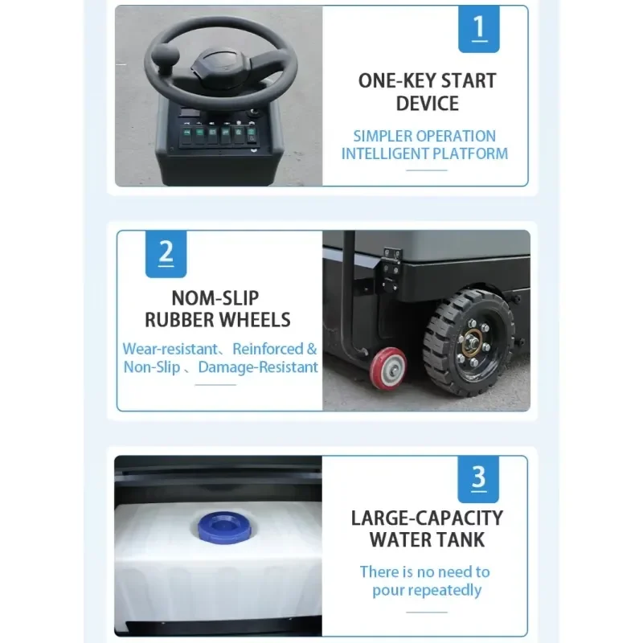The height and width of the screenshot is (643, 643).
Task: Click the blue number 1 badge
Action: click(x=478, y=29)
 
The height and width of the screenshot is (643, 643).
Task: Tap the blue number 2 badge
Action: click(x=166, y=254)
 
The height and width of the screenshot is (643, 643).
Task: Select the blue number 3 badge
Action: click(x=478, y=479)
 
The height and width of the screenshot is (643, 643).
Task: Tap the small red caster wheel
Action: click(x=388, y=367)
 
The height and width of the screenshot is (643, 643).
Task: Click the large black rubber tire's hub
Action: click(x=473, y=342)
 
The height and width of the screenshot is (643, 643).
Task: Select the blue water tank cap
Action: click(x=225, y=526)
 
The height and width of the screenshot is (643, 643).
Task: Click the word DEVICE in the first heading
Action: click(x=428, y=104)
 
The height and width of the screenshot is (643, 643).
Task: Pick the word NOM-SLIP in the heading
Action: click(x=215, y=298)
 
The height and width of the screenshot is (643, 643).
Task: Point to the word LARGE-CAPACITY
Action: click(x=427, y=518)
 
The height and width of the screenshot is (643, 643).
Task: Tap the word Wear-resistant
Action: click(x=170, y=349)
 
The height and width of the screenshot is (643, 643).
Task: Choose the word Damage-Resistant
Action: click(x=258, y=367)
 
